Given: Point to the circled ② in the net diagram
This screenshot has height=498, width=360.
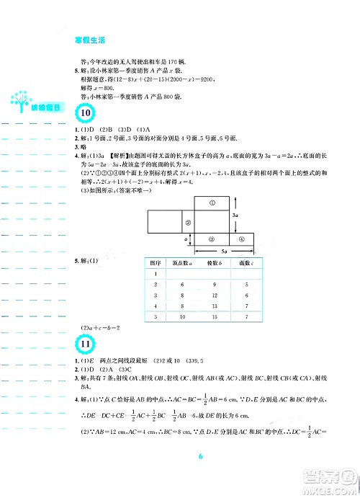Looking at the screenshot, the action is (x=186, y=223).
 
